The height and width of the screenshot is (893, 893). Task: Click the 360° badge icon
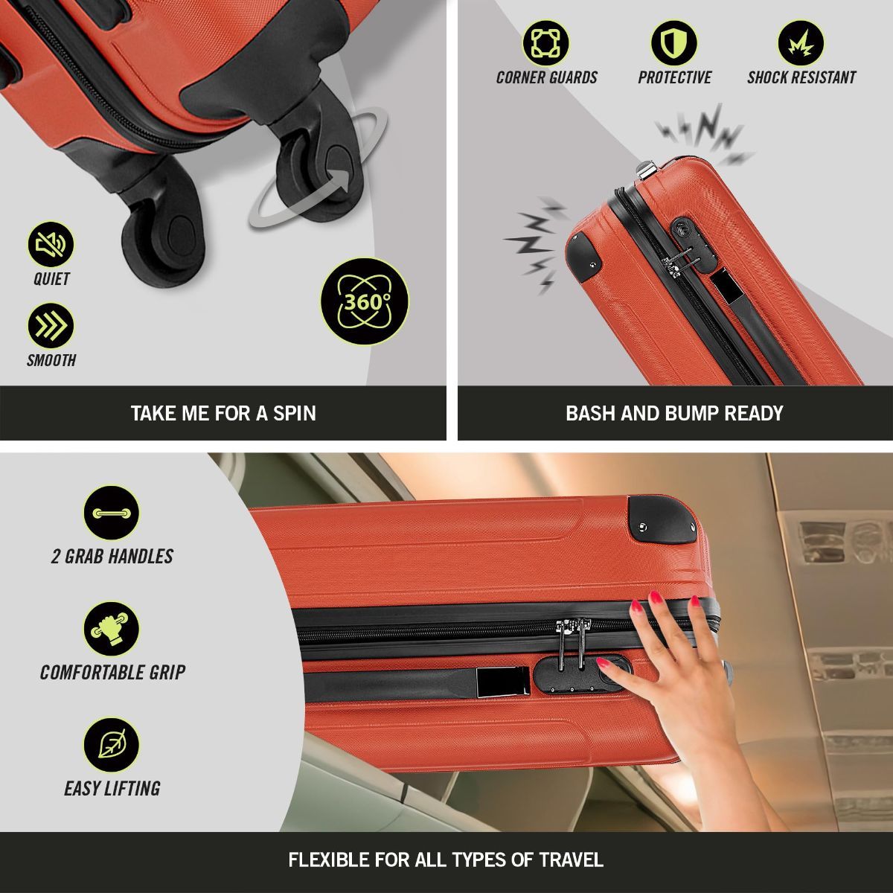[365, 301]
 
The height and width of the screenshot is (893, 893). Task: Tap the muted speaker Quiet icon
[51, 244]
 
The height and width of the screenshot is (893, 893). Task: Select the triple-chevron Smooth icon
[51, 325]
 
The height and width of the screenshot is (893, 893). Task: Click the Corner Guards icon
[546, 42]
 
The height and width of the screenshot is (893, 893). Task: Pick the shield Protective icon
[674, 42]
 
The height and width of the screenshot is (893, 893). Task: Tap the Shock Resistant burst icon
[801, 42]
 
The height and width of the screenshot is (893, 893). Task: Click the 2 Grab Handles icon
[112, 513]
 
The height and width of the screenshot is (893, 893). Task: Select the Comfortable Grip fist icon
[112, 629]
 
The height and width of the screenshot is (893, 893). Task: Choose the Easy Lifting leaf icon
[112, 745]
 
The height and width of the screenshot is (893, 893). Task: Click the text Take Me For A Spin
[223, 413]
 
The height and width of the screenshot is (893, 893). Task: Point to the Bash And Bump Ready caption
[674, 413]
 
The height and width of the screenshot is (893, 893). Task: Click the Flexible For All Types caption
[446, 860]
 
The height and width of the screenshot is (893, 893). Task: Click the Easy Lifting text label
[112, 788]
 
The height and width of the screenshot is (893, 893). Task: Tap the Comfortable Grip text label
[112, 672]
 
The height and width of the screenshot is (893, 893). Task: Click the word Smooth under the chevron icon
[51, 360]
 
